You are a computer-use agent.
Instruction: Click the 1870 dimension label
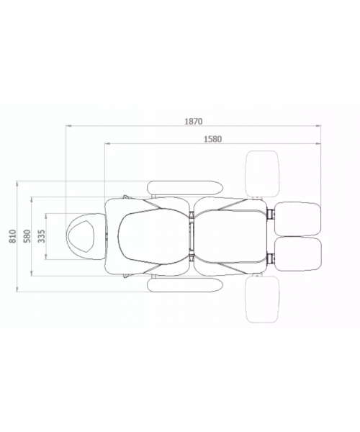click(x=194, y=121)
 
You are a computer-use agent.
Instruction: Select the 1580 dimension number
click(x=212, y=139)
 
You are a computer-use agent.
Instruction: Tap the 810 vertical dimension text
click(x=13, y=236)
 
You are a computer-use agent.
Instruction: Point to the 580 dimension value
click(x=27, y=236)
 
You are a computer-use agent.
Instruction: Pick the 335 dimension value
click(x=41, y=236)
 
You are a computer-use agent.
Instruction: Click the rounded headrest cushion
click(x=69, y=236)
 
